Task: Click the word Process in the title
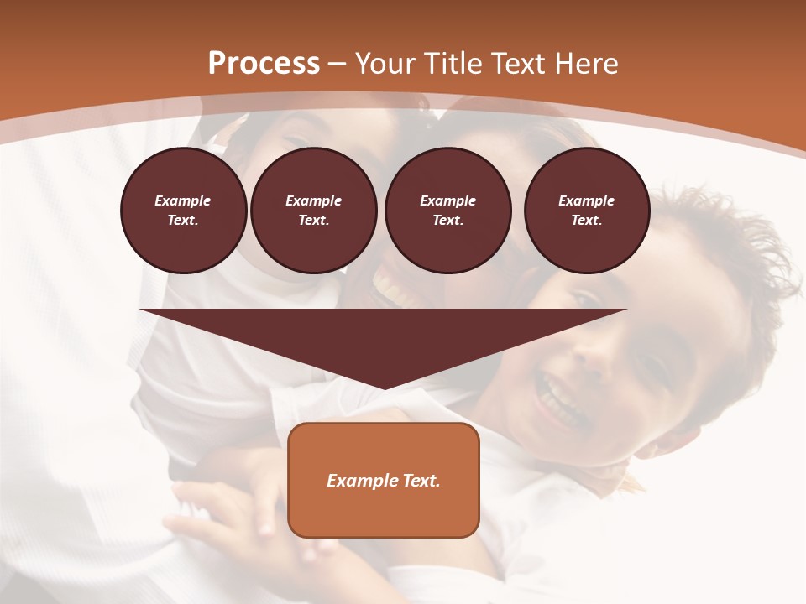pos(264,64)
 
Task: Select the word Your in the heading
pos(385,64)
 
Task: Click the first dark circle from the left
pos(183,211)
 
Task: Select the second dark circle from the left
pos(313,211)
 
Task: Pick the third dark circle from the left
pos(447,211)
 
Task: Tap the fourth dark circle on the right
pos(587,211)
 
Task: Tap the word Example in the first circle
pos(183,201)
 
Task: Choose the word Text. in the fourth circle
pos(587,221)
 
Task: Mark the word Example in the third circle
pos(447,201)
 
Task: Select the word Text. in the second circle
pos(313,221)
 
